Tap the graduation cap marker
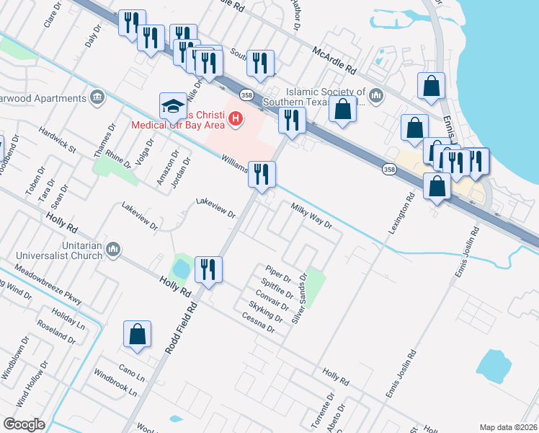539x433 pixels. click(173, 106)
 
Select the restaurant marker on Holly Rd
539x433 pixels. click(208, 270)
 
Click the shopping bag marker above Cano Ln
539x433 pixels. click(137, 334)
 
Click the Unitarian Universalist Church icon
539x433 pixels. click(112, 250)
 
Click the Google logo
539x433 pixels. click(24, 424)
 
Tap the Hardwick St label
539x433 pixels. click(58, 140)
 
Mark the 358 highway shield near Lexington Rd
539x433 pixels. click(389, 168)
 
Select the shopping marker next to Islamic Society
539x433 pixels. click(344, 110)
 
